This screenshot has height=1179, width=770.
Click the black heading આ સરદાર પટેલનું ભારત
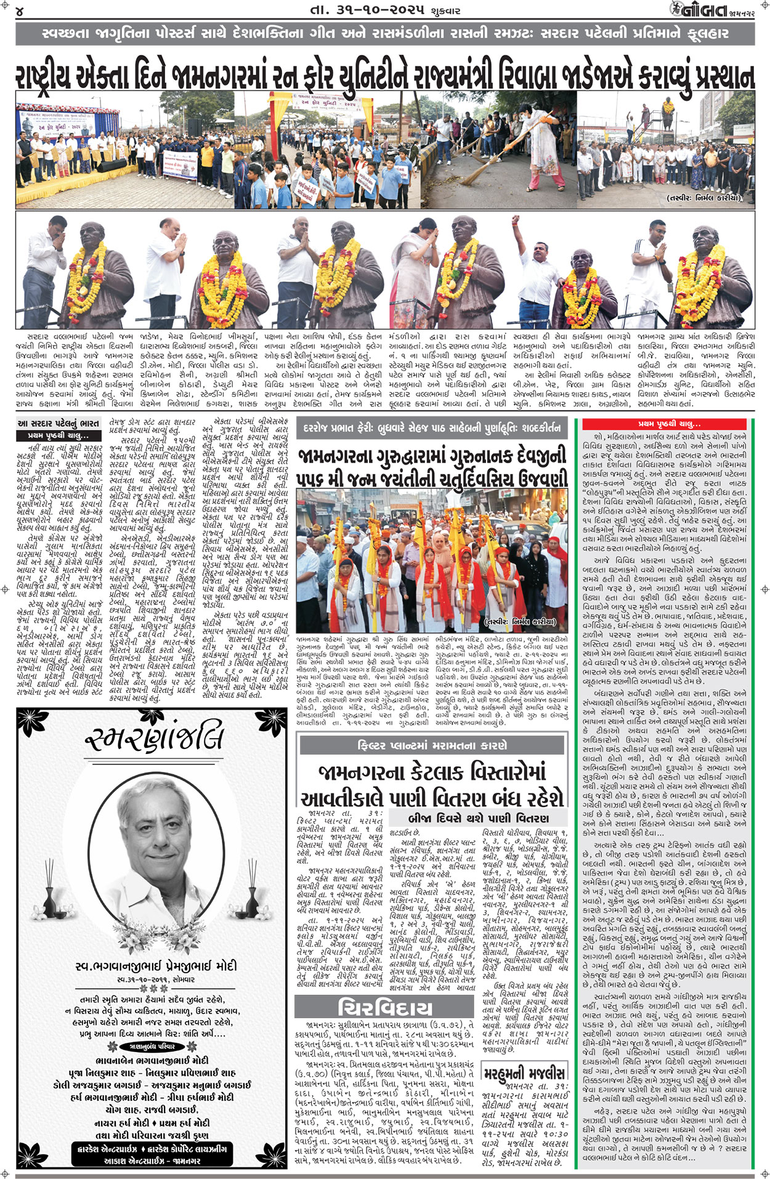(x=59, y=423)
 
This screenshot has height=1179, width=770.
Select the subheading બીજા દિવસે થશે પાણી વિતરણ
(x=478, y=819)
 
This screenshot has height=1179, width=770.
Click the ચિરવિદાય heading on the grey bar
(x=385, y=1008)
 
